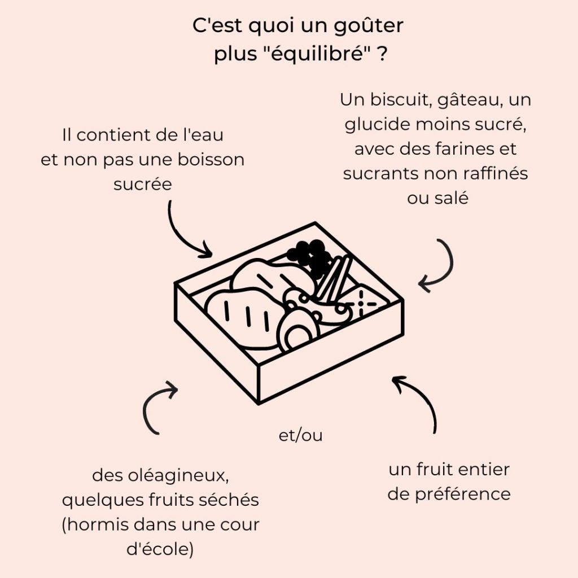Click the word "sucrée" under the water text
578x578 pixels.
pyautogui.click(x=142, y=185)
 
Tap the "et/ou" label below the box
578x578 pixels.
pyautogui.click(x=301, y=436)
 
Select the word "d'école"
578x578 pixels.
pyautogui.click(x=161, y=549)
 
